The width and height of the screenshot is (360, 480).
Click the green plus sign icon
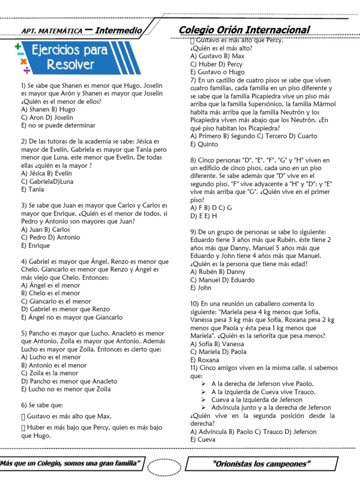coord(18,46)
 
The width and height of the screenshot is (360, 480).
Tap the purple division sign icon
coord(27,70)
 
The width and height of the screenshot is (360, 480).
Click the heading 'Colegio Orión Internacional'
coord(244,30)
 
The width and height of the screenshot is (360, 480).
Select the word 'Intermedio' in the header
coord(119,30)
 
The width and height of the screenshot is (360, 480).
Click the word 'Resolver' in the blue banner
coord(70,65)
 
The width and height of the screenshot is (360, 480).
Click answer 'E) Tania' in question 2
coord(33,189)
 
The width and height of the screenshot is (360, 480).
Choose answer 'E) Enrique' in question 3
coord(36,245)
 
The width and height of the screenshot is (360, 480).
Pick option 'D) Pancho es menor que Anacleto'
coord(69,381)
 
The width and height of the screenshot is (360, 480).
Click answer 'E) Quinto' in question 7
coord(204,144)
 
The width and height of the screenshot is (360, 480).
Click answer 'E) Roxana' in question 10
coord(204,360)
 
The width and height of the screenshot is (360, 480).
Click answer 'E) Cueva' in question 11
coord(203,439)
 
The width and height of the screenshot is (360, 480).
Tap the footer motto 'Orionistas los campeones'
coord(262,464)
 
